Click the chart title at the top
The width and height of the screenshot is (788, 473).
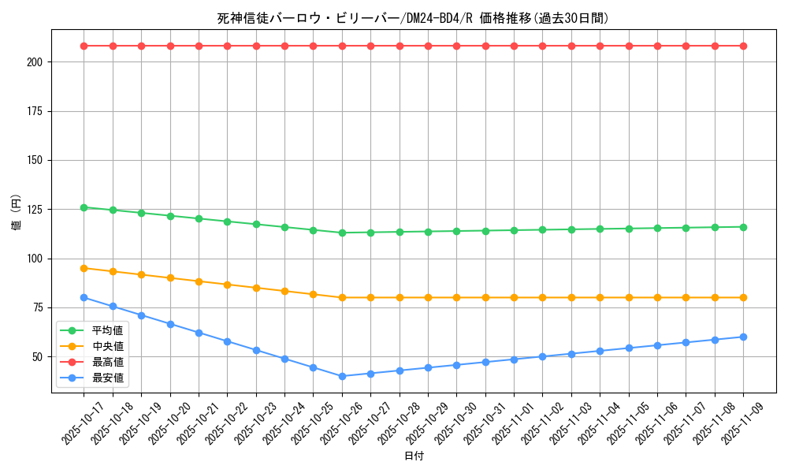(x=413, y=18)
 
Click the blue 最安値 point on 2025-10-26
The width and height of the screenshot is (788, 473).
(x=342, y=376)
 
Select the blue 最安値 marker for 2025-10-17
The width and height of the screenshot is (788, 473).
(x=84, y=297)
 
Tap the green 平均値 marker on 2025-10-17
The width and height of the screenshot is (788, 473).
(x=84, y=207)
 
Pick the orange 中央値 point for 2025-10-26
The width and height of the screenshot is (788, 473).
(x=342, y=297)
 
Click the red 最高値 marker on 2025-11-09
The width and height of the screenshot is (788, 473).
(x=743, y=46)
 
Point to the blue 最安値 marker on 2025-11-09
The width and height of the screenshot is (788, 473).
(x=743, y=337)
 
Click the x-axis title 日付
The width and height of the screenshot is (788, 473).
(x=414, y=456)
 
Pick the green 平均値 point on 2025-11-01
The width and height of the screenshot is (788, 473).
(x=514, y=230)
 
